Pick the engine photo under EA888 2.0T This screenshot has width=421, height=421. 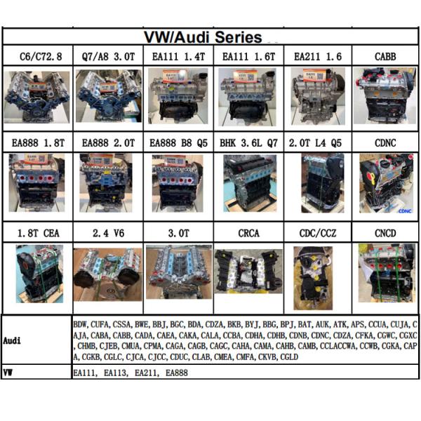click(x=108, y=182)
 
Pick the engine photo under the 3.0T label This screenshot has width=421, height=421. click(x=178, y=270)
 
